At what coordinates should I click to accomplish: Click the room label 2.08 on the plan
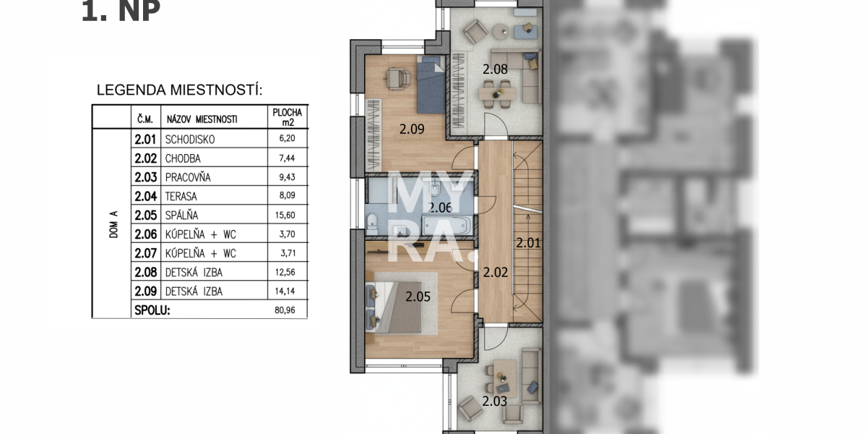[495, 69]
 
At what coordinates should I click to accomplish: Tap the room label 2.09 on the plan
[412, 129]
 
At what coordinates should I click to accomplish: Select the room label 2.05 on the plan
[418, 295]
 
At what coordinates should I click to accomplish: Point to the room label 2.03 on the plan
[495, 401]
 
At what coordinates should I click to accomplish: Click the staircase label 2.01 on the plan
[528, 243]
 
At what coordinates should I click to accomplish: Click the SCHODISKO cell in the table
[191, 140]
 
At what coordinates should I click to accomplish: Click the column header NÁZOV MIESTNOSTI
[202, 119]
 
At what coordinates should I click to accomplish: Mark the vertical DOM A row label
[113, 224]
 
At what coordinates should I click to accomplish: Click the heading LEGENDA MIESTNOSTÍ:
[179, 90]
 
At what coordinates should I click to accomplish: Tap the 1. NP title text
[121, 12]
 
